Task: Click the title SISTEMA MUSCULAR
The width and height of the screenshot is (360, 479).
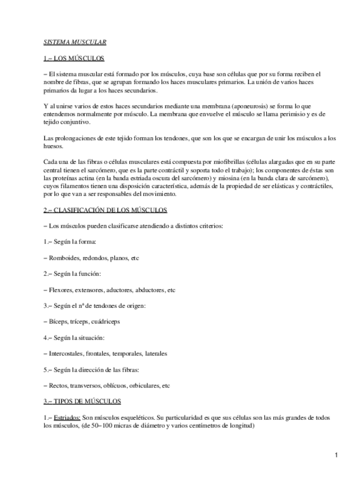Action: pos(75,42)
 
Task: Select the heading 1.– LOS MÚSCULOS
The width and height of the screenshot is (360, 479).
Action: pos(73,58)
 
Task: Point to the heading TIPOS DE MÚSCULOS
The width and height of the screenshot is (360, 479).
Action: pos(82,402)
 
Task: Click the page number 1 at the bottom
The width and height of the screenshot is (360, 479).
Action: pos(336,455)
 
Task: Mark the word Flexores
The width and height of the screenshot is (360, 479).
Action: pos(62,290)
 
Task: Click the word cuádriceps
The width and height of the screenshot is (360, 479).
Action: pos(106,322)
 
